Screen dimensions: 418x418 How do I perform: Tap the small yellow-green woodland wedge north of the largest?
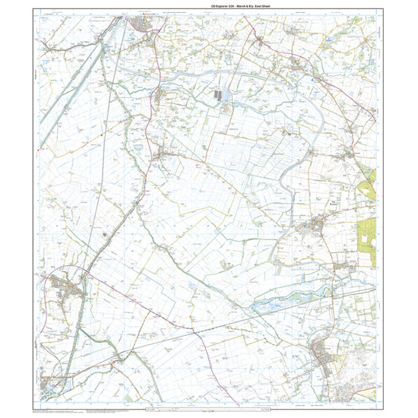tap(369, 182)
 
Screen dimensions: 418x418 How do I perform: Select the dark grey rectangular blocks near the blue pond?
tap(220, 97)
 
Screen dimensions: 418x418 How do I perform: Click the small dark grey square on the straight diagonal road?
tap(105, 237)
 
